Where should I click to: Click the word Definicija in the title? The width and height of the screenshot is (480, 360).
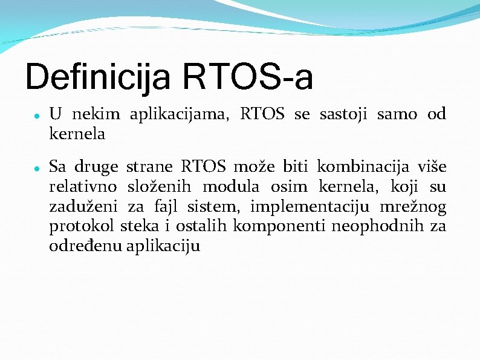(x=97, y=77)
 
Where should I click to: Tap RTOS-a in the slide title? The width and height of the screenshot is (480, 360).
(x=247, y=77)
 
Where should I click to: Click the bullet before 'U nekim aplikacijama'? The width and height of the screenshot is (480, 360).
(x=37, y=115)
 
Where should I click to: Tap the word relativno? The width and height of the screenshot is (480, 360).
(x=83, y=186)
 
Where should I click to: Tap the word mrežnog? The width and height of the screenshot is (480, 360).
(x=413, y=208)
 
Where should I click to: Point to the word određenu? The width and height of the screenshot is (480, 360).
(x=85, y=247)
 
